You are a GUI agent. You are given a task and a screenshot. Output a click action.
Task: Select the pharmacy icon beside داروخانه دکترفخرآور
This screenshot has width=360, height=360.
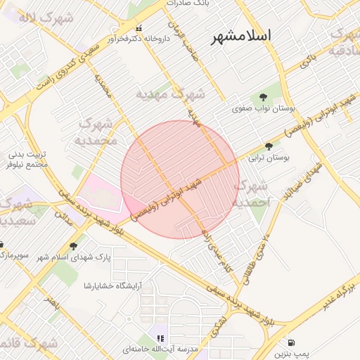point(138,29)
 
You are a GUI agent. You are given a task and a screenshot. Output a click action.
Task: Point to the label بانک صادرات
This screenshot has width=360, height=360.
point(188,4)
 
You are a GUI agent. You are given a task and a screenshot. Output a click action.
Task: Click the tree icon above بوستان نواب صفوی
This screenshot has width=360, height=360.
point(263,97)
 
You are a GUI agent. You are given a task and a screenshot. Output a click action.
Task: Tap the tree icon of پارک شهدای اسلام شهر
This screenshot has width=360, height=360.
point(73,245)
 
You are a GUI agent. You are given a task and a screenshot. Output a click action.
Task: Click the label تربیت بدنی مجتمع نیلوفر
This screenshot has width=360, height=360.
point(28,159)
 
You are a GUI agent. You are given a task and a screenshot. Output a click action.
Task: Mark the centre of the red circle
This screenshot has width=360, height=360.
point(180,180)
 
